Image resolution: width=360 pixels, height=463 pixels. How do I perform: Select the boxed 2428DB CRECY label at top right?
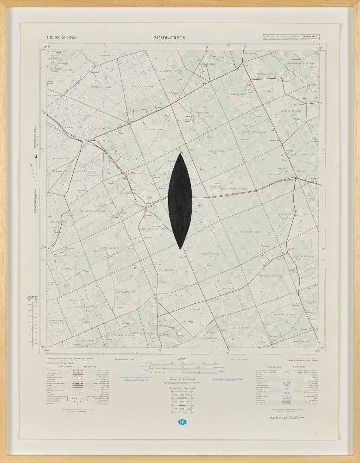(309, 36)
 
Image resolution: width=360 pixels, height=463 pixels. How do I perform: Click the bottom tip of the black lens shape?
(180, 250)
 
